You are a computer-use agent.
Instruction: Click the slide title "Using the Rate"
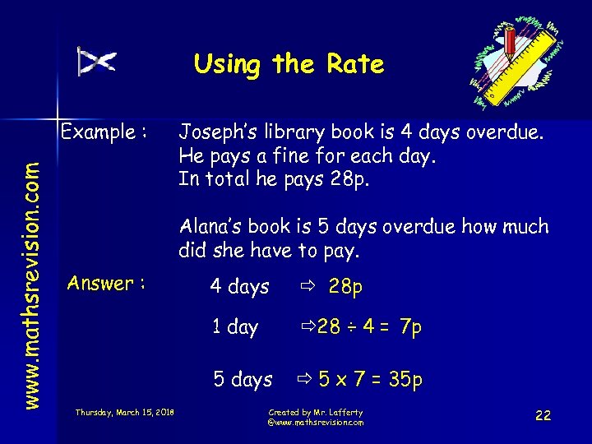289,64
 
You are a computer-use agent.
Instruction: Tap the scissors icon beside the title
97,62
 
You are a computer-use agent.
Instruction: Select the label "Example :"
104,132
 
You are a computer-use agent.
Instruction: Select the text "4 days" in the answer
239,287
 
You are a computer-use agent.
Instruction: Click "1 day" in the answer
235,327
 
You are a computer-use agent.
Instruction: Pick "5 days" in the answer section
243,380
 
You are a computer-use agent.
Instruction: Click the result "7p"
409,327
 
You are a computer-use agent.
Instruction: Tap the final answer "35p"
406,380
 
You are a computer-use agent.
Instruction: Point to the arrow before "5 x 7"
303,380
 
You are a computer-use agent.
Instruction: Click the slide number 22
543,416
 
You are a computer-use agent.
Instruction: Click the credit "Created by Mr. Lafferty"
315,412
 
